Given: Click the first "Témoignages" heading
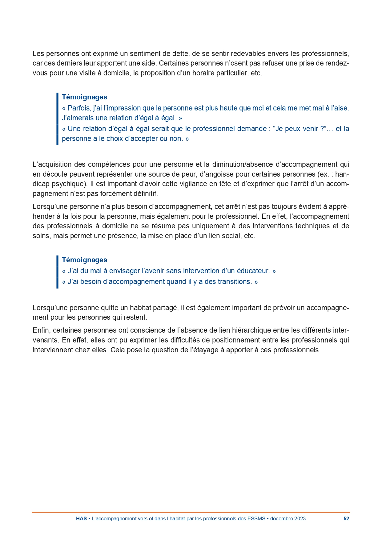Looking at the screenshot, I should [x=84, y=97].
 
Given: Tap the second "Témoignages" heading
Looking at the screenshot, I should [x=84, y=260].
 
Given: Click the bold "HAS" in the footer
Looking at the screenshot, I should [x=81, y=518].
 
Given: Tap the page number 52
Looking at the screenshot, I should [x=346, y=518].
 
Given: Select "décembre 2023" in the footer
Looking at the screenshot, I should [x=288, y=518].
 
